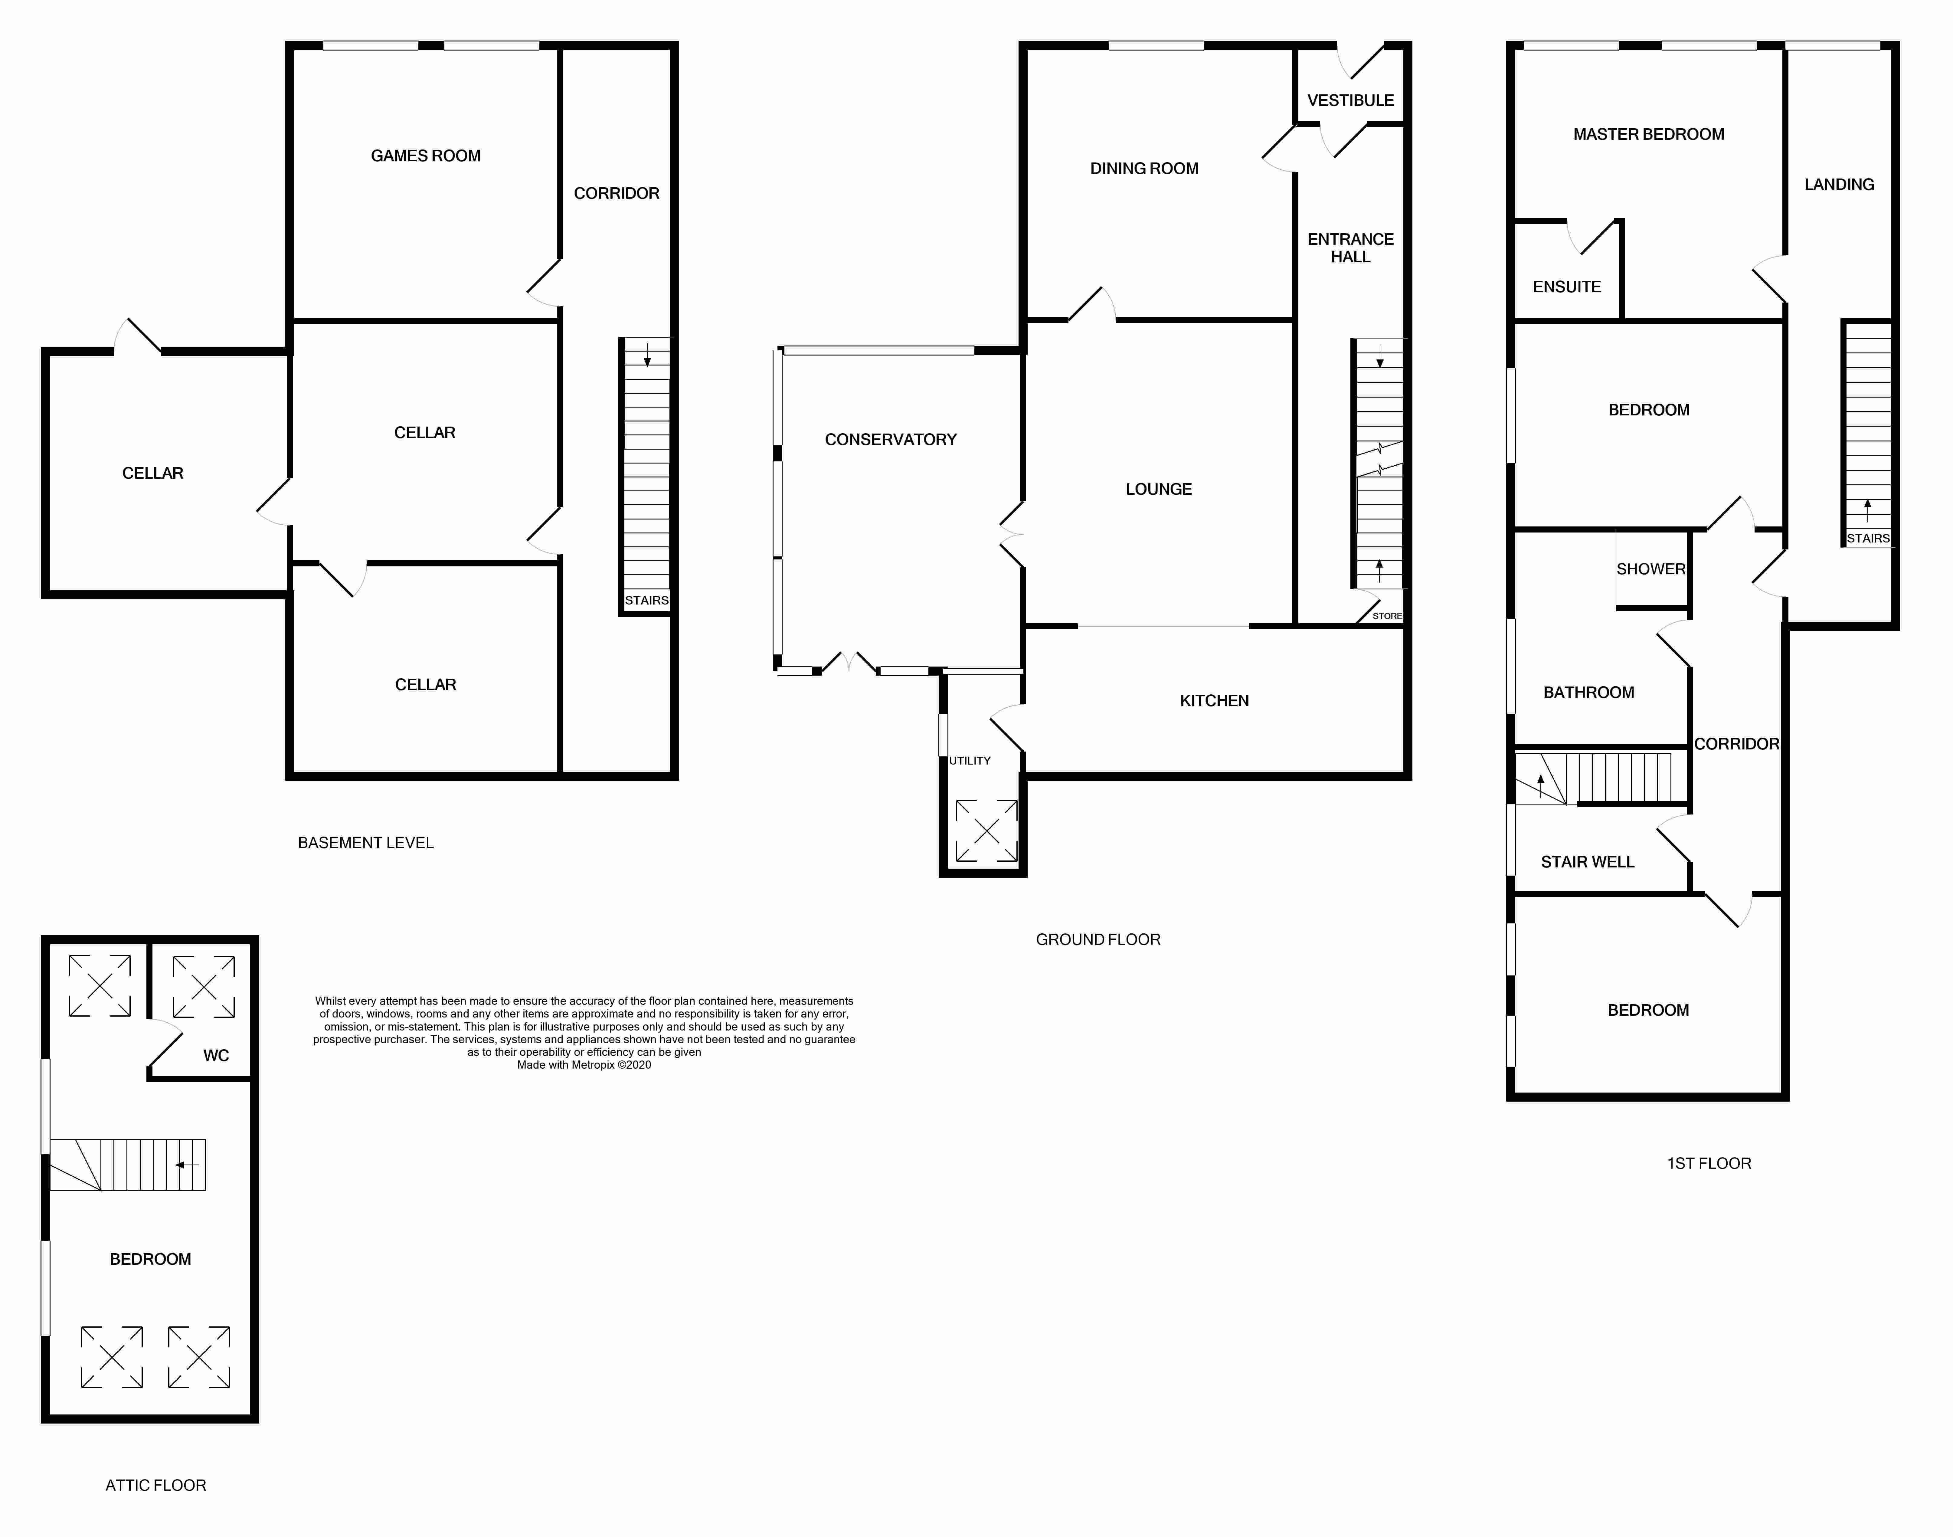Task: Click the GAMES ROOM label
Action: pyautogui.click(x=426, y=156)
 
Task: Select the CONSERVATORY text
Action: pyautogui.click(x=891, y=439)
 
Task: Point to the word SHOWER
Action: pyautogui.click(x=1651, y=569)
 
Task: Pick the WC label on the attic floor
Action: pyautogui.click(x=216, y=1056)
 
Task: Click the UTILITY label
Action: pyautogui.click(x=970, y=760)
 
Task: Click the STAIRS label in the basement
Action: pyautogui.click(x=647, y=600)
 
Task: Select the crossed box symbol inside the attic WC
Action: pyautogui.click(x=204, y=987)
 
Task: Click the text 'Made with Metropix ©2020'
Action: pyautogui.click(x=584, y=1065)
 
